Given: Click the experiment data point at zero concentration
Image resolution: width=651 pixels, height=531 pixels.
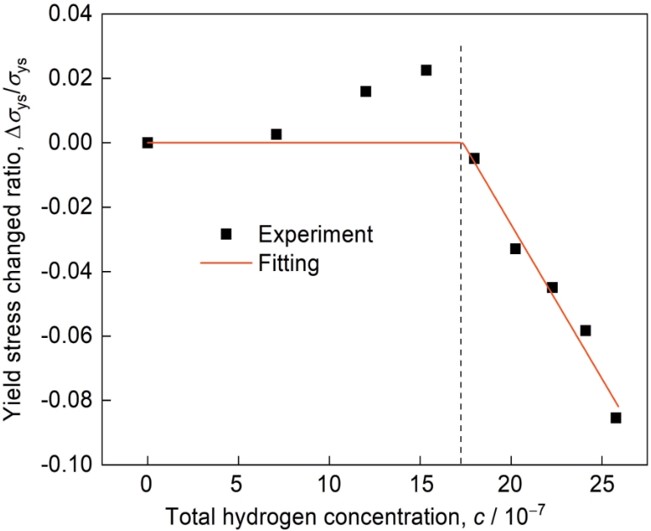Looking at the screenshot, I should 147,143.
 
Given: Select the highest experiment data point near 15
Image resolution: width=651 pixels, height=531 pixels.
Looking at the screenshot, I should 426,70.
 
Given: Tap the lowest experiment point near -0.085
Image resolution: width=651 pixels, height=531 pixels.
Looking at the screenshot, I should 616,418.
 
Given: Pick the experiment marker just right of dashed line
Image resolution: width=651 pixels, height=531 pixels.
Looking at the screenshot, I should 474,158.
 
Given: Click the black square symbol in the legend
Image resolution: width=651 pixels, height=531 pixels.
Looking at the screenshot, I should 225,234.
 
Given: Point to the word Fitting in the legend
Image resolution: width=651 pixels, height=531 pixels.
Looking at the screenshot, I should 289,264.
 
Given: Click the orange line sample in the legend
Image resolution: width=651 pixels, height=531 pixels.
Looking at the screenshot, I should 225,264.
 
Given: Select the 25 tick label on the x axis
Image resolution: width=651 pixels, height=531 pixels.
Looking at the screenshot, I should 601,487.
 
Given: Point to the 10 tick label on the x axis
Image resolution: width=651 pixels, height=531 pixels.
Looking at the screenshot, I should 329,487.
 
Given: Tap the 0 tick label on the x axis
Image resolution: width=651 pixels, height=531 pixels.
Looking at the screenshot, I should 147,487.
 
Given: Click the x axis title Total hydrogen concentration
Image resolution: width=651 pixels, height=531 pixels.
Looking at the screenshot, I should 356,515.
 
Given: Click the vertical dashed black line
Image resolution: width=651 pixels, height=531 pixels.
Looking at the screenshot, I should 461,296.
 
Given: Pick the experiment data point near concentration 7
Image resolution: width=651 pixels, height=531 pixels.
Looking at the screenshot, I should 275,135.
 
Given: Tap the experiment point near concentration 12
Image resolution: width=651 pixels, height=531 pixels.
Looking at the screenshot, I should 365,91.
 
